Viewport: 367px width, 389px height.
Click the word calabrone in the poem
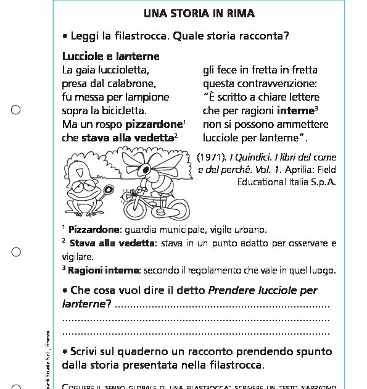pyautogui.click(x=132, y=83)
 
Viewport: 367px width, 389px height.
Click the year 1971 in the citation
pyautogui.click(x=211, y=156)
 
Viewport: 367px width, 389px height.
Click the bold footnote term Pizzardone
pyautogui.click(x=94, y=230)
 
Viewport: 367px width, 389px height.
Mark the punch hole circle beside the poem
pyautogui.click(x=16, y=111)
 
